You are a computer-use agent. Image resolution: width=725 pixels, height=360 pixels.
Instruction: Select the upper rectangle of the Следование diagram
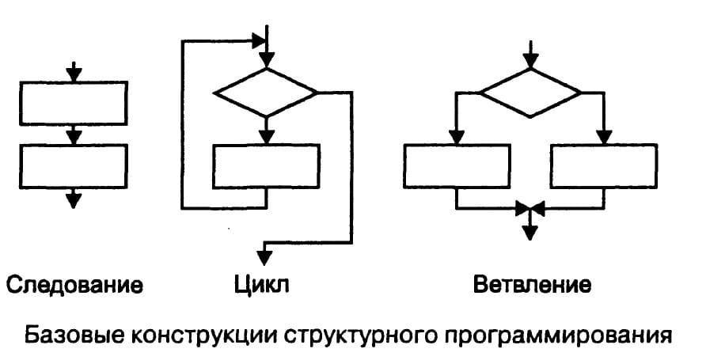point(73,104)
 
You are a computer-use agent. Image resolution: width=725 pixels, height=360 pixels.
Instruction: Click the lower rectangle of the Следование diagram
point(73,165)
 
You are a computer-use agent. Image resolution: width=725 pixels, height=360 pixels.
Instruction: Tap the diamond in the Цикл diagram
point(267,92)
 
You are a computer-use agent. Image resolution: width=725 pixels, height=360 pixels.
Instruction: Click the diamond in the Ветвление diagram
point(531,92)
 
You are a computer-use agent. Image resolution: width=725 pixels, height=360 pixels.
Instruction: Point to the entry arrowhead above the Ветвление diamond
point(531,62)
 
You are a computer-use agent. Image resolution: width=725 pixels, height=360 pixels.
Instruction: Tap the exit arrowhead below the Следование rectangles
point(73,199)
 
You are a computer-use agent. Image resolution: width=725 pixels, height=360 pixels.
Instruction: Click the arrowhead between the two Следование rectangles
point(73,137)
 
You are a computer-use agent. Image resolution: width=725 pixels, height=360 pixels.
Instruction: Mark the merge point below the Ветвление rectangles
point(530,208)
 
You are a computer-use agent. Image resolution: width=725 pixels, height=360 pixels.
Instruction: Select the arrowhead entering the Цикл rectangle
point(267,136)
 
